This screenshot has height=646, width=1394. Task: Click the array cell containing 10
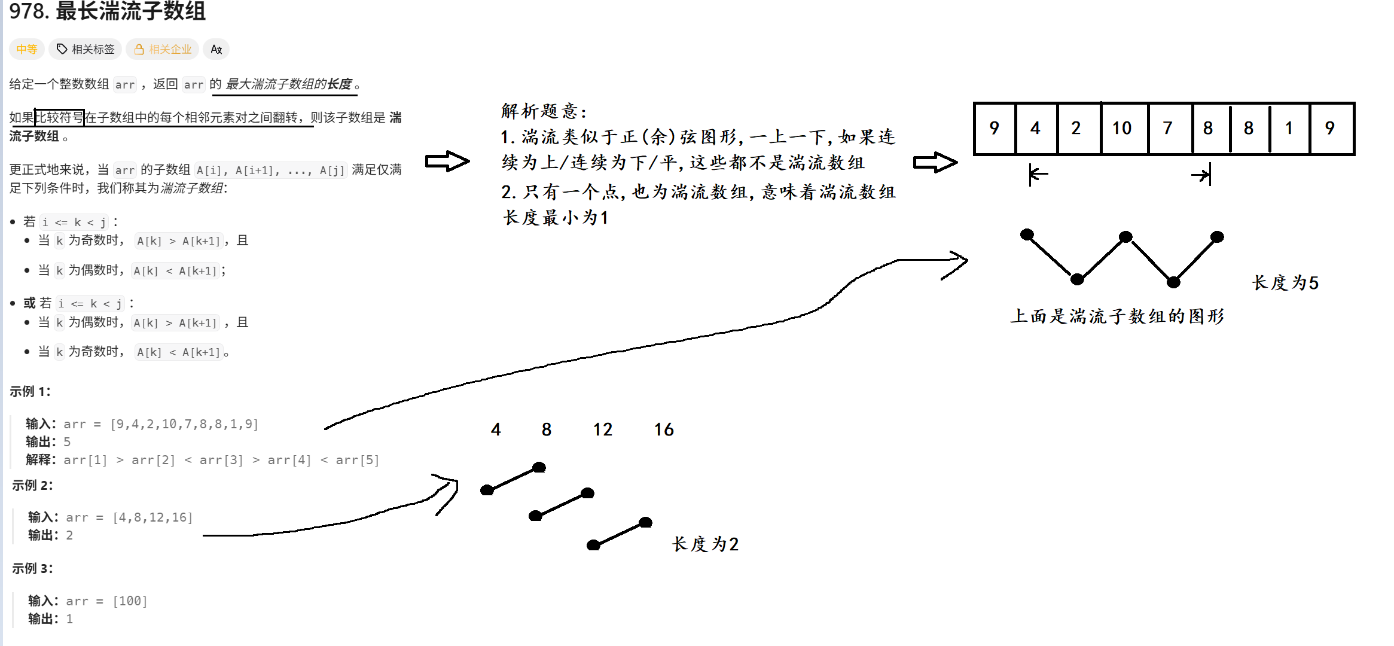pyautogui.click(x=1122, y=128)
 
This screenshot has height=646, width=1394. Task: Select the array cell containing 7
pyautogui.click(x=1168, y=128)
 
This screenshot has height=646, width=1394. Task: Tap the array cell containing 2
pyautogui.click(x=1076, y=128)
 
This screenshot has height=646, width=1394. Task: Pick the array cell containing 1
pyautogui.click(x=1289, y=128)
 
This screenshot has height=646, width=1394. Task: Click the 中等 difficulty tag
pyautogui.click(x=26, y=49)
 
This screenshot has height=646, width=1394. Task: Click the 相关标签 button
pyautogui.click(x=86, y=49)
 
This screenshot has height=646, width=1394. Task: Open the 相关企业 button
pyautogui.click(x=163, y=49)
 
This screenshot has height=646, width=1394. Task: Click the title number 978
pyautogui.click(x=28, y=11)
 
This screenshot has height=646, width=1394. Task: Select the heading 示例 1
pyautogui.click(x=30, y=392)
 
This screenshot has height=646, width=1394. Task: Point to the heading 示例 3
pyautogui.click(x=32, y=569)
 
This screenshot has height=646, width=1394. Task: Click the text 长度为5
pyautogui.click(x=1285, y=282)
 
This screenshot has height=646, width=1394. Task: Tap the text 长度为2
pyautogui.click(x=706, y=544)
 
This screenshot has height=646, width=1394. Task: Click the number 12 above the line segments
pyautogui.click(x=603, y=429)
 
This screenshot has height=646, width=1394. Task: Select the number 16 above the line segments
pyautogui.click(x=664, y=429)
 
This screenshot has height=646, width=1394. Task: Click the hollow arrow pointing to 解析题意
pyautogui.click(x=447, y=161)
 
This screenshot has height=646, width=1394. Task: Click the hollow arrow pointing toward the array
pyautogui.click(x=935, y=162)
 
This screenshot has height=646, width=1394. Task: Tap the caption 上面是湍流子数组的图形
pyautogui.click(x=1117, y=316)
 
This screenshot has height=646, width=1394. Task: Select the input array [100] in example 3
pyautogui.click(x=130, y=601)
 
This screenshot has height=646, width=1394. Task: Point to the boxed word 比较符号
pyautogui.click(x=59, y=117)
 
